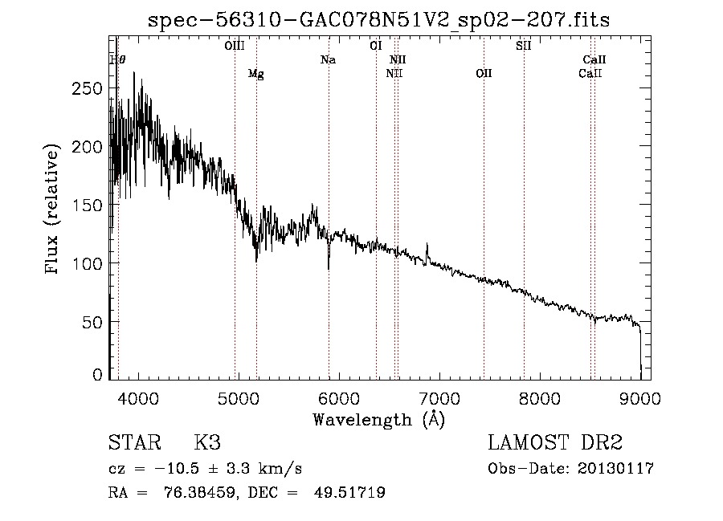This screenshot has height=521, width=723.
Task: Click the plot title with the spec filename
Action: tap(379, 21)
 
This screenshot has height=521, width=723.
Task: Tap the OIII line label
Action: tap(234, 47)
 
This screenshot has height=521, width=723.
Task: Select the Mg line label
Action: tap(255, 74)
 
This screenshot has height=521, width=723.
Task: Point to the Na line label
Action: tap(328, 60)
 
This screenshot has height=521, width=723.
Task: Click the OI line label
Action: tap(375, 47)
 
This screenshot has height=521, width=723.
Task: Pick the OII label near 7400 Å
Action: tap(484, 74)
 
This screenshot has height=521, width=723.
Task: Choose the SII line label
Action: tap(524, 47)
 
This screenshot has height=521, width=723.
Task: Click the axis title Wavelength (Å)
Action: tap(378, 419)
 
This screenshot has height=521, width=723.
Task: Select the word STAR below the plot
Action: tap(133, 444)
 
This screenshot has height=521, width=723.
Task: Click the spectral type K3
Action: tap(207, 444)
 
